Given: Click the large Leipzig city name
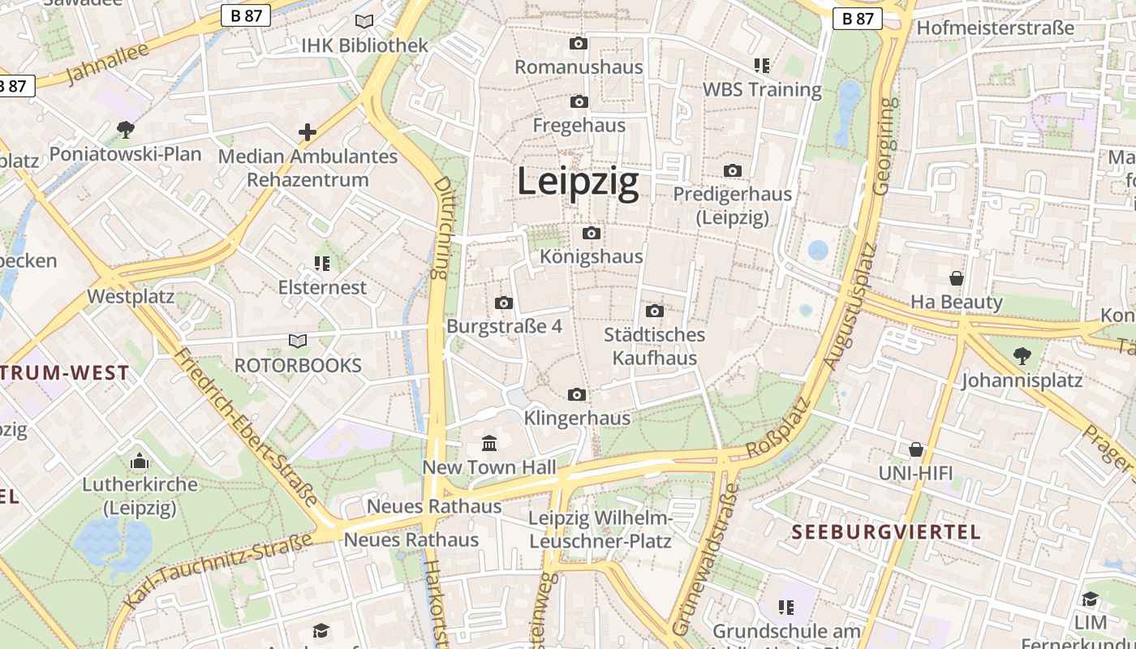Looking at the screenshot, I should tap(578, 182).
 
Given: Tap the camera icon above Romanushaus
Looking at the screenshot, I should tap(579, 43).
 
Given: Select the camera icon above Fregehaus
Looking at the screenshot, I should tap(579, 101).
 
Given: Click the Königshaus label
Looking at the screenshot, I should tap(592, 256).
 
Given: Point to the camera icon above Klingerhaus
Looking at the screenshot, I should tap(577, 394).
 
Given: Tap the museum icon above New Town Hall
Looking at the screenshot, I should tap(489, 443).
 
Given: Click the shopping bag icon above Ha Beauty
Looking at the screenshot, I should tap(957, 278).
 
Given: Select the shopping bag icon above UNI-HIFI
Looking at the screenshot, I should tap(916, 449).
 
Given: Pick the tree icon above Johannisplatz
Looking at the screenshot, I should tap(1022, 355).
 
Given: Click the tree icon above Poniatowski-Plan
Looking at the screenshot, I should tap(125, 129).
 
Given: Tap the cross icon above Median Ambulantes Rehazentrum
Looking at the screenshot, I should tap(308, 131).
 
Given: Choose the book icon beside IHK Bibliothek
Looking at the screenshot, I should tap(364, 22).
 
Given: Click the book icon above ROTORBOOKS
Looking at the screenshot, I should tap(298, 342).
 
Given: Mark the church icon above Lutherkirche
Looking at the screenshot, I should tap(140, 461).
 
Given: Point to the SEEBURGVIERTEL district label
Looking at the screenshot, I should tap(886, 532).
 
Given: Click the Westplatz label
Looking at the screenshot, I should tap(131, 296).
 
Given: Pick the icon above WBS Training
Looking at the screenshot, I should tap(761, 65).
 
